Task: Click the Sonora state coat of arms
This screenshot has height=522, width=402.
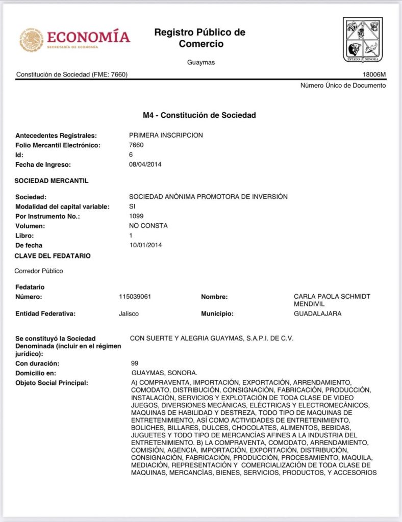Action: click(x=362, y=40)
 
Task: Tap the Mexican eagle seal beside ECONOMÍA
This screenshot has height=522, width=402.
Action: click(x=31, y=40)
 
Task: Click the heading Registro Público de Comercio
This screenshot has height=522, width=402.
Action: click(x=200, y=38)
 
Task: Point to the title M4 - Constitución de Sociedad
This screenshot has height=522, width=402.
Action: click(x=199, y=115)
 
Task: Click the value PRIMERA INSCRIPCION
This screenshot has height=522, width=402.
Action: click(x=166, y=135)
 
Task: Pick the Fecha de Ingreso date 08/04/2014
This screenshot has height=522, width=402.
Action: click(x=145, y=164)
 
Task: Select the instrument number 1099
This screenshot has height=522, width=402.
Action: click(x=136, y=216)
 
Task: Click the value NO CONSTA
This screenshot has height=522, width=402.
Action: click(x=148, y=225)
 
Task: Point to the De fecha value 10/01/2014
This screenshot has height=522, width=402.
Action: click(x=145, y=245)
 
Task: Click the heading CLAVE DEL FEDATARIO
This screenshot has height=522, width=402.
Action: click(x=53, y=255)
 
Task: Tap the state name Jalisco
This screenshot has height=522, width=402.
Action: click(x=129, y=314)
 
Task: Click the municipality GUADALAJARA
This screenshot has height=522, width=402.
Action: click(x=317, y=314)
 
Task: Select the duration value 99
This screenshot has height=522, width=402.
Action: click(x=135, y=363)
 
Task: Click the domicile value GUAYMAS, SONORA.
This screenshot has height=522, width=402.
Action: click(x=164, y=373)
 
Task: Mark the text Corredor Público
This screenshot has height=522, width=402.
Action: click(x=39, y=271)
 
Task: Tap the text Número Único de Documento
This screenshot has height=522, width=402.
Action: click(x=343, y=85)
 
